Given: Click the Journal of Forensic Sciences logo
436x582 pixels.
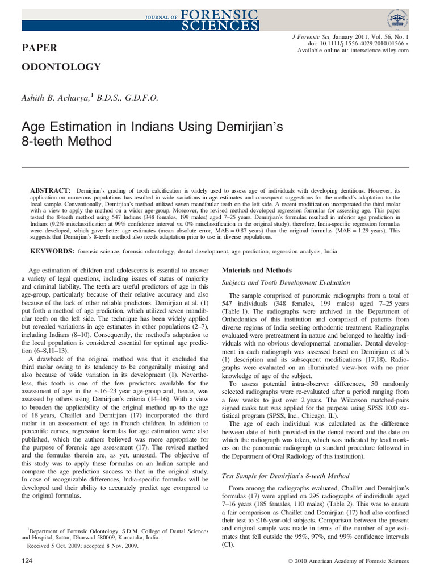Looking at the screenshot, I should coord(199,18).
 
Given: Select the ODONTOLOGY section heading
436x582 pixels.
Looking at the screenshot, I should coord(61,67).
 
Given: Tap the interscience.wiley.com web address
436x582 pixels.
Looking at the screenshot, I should coord(377,51).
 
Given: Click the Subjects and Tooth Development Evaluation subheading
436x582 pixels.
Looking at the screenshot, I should coord(286,282).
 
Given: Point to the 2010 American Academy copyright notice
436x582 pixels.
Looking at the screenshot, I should coord(348,561).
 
